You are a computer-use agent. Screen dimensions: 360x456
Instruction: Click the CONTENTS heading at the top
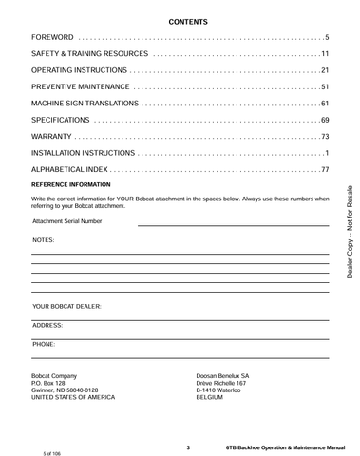[x=181, y=20]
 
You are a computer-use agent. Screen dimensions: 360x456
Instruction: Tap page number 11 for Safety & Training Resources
[x=324, y=53]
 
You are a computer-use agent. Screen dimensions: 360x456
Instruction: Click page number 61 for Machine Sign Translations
[x=324, y=104]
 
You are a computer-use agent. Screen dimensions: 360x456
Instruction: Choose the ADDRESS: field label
[x=47, y=325]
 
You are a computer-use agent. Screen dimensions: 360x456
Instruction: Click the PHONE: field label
[x=44, y=341]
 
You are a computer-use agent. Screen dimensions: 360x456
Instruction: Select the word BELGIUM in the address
[x=209, y=397]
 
